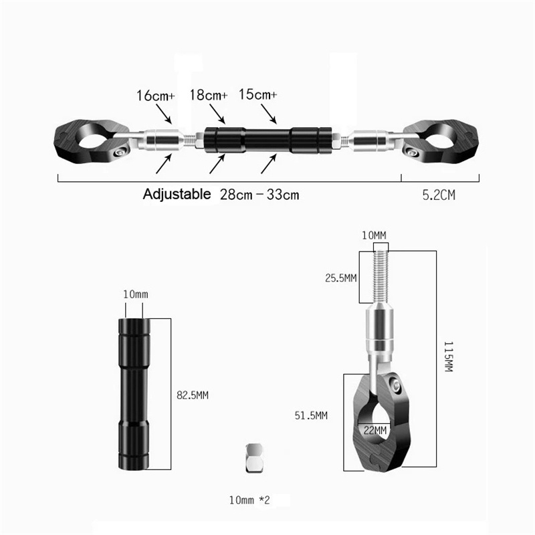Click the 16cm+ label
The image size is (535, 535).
156,96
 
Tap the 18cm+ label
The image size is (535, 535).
208,96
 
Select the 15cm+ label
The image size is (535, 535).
257,96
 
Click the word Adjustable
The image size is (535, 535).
177,195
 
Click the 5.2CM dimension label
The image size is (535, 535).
439,195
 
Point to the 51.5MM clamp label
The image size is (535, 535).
312,415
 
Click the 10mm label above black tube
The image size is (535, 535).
135,294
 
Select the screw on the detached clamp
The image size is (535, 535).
396,387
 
